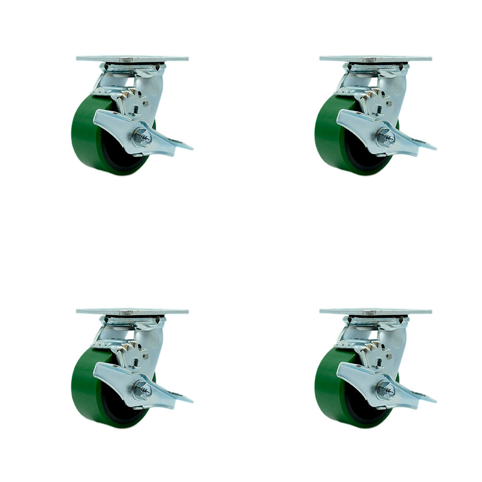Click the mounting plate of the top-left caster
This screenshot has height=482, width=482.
coord(132,59)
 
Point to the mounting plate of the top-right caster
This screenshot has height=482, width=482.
coord(375,59)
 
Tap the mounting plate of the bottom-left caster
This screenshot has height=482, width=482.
coord(132,311)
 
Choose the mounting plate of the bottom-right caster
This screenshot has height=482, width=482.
coord(375,311)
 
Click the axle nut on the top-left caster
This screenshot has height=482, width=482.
coord(143,138)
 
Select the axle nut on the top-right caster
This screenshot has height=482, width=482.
coord(386,138)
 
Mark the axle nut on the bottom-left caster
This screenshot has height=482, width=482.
coord(143,389)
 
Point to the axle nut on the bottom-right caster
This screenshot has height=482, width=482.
coord(386,389)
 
